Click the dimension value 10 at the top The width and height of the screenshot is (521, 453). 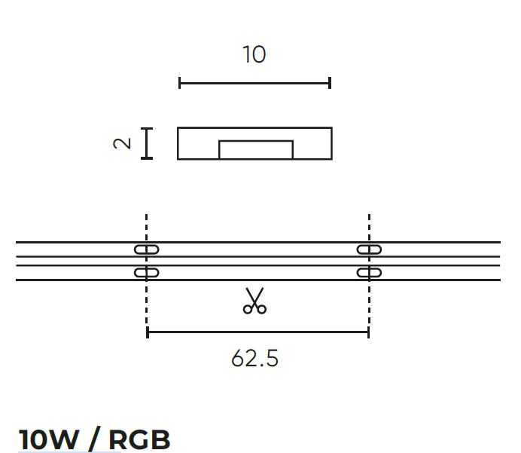click(254, 55)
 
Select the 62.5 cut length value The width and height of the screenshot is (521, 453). click(254, 358)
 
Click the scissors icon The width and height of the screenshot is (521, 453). click(254, 301)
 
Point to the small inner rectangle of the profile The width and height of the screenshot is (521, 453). click(255, 149)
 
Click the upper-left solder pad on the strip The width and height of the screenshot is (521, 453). click(147, 249)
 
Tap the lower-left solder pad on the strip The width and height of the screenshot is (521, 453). click(147, 272)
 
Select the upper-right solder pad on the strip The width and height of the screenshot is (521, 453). click(369, 249)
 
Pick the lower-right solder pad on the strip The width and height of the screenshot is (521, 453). click(369, 272)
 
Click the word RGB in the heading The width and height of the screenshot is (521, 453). click(139, 439)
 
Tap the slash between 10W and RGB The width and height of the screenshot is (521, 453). click(93, 439)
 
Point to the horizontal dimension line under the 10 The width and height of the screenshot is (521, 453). click(254, 83)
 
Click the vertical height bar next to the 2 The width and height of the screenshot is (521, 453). click(147, 143)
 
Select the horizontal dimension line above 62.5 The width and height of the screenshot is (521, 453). click(257, 332)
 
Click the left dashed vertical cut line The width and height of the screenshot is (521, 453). click(147, 226)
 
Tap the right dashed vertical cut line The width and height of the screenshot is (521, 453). click(369, 226)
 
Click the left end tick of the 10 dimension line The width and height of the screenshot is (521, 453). click(180, 83)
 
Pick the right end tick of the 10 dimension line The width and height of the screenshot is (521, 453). click(330, 83)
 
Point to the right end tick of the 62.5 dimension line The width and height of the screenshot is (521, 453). click(368, 332)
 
